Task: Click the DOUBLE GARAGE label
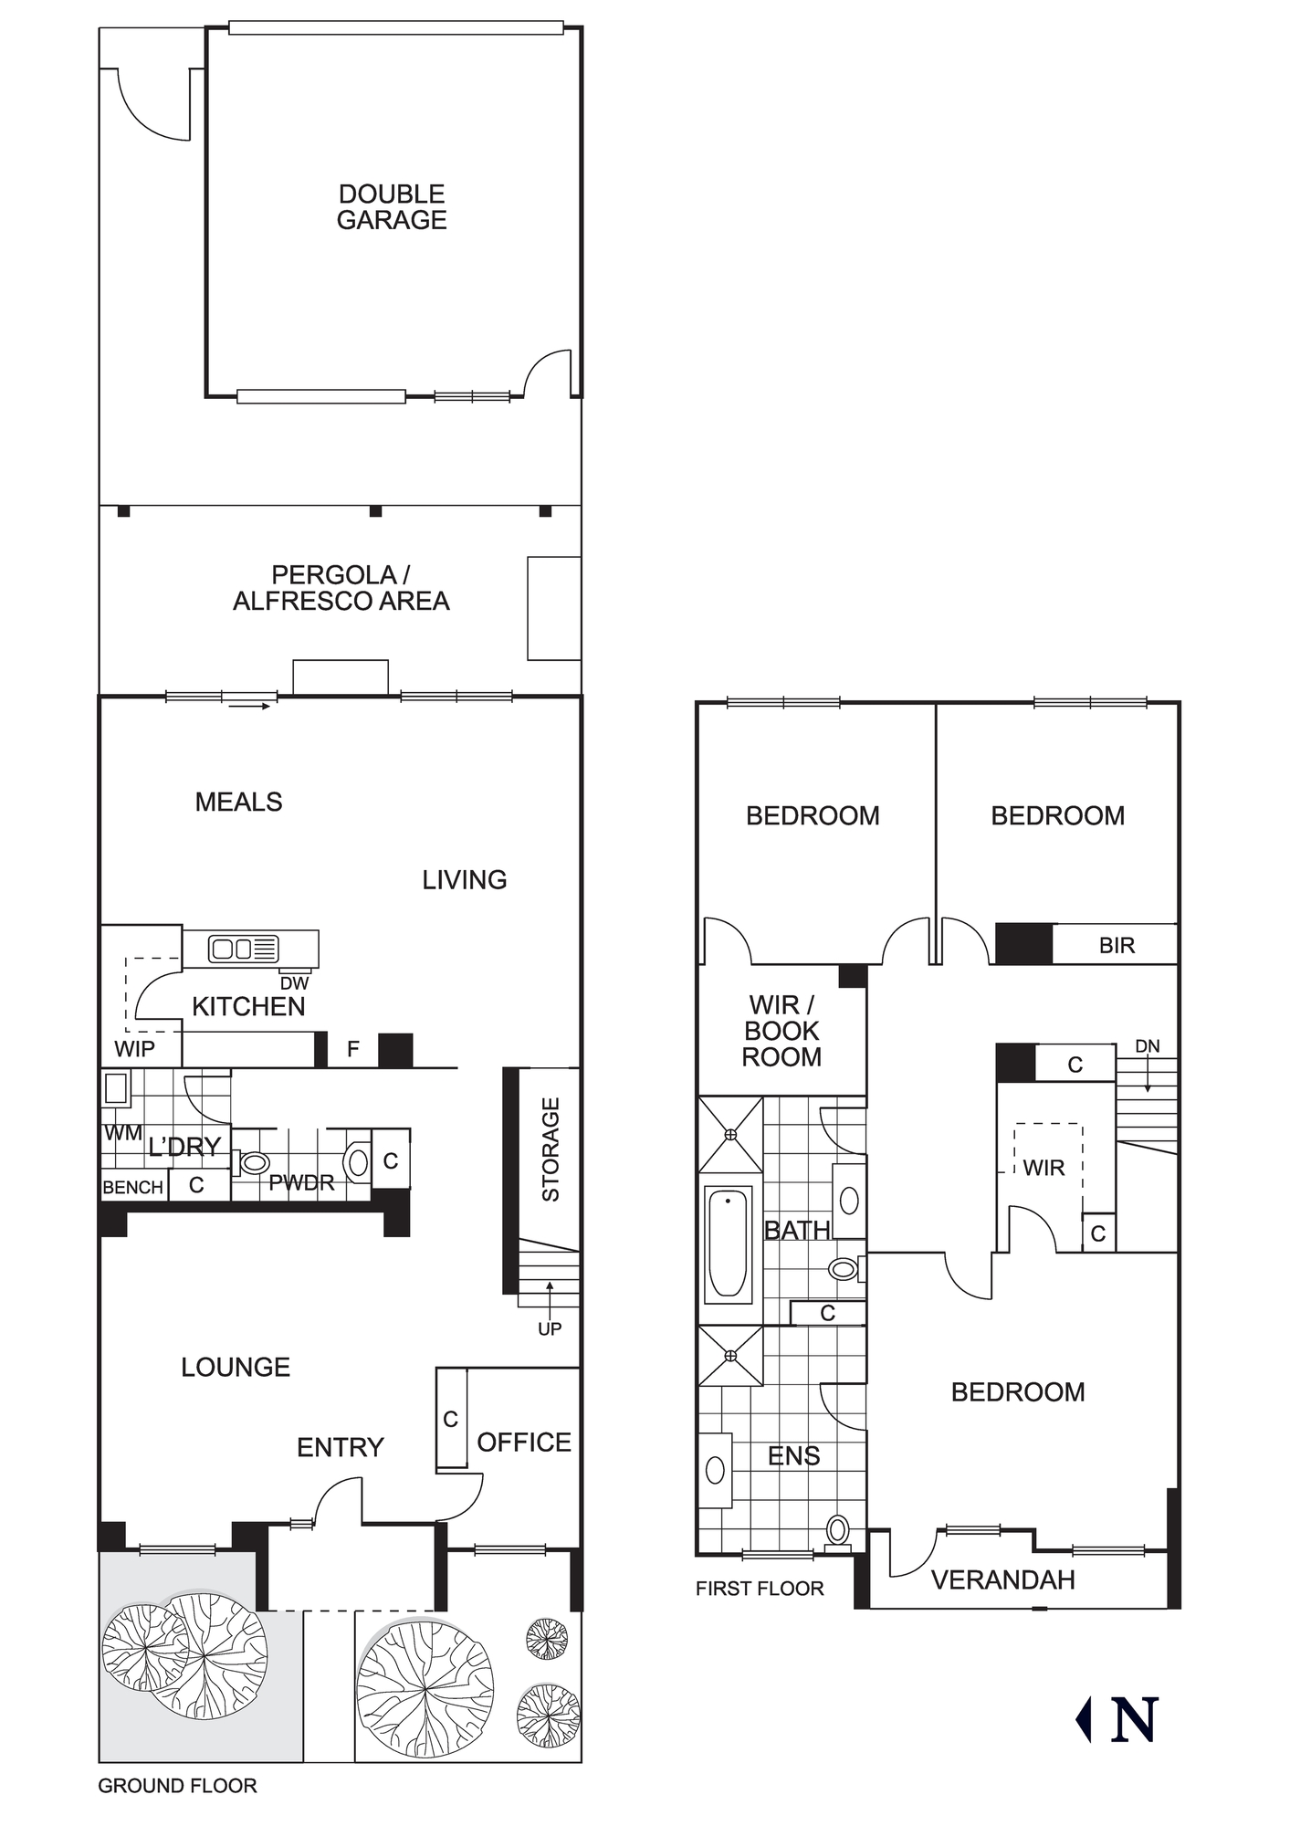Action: [392, 207]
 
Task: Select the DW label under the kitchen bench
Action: [294, 983]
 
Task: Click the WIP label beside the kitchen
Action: [134, 1049]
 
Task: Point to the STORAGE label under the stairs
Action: [551, 1149]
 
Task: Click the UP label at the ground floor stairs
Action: [550, 1329]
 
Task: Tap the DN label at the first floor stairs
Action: [1148, 1046]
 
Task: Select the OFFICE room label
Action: [524, 1443]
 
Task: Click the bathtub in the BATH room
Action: [729, 1243]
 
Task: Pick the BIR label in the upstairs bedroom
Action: [1117, 946]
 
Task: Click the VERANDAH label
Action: [1002, 1580]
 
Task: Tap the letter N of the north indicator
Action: [1135, 1720]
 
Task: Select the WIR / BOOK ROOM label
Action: [781, 1031]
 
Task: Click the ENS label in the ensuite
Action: [793, 1456]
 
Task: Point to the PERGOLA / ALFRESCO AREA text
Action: [341, 588]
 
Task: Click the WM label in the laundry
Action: [122, 1134]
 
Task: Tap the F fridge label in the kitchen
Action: [353, 1050]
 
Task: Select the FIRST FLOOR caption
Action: [760, 1589]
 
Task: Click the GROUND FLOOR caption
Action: [177, 1786]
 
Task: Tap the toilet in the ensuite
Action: [837, 1530]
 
